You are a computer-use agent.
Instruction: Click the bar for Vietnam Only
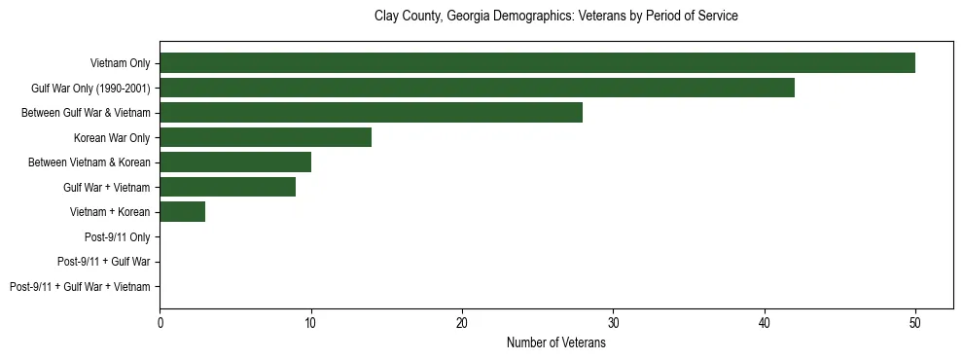[537, 63]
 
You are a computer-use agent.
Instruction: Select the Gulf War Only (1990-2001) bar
[477, 88]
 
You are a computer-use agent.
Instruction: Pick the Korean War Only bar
[266, 137]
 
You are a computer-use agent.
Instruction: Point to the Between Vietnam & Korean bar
[235, 162]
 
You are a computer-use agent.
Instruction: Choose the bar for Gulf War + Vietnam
[228, 187]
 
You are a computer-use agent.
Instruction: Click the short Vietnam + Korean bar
[182, 212]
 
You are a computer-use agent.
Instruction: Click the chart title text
[555, 17]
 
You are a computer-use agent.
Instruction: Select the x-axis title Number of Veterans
[555, 343]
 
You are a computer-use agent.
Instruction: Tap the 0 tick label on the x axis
[160, 323]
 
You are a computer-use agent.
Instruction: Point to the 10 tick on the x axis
[310, 323]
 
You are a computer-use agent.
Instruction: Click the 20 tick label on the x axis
[462, 323]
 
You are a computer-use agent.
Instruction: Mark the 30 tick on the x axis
[613, 323]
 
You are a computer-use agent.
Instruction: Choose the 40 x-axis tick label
[765, 323]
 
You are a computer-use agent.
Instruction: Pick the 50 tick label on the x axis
[915, 323]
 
